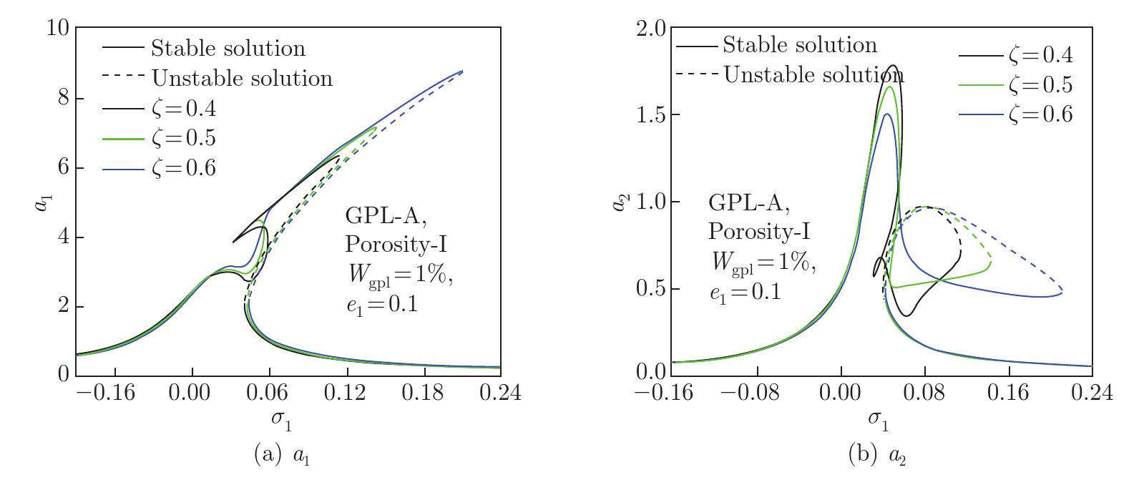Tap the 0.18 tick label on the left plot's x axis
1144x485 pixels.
click(424, 393)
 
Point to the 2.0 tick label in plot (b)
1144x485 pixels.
click(650, 29)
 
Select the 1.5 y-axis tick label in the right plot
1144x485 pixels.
click(650, 115)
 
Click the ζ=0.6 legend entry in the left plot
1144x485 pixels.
click(183, 167)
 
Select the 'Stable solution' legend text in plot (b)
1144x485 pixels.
click(799, 45)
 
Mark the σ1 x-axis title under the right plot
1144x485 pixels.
click(878, 421)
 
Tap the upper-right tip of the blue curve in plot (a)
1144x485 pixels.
click(463, 71)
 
